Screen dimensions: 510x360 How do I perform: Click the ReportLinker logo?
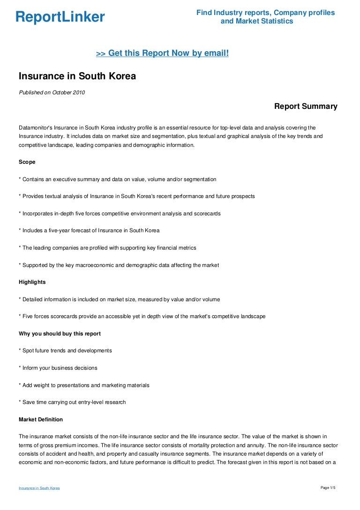pyautogui.click(x=60, y=17)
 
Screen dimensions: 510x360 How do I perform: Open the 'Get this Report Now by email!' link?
pyautogui.click(x=162, y=53)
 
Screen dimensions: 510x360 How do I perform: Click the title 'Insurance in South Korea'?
pyautogui.click(x=77, y=76)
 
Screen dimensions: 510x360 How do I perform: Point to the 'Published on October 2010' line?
pyautogui.click(x=52, y=92)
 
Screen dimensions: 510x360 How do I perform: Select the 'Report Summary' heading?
pyautogui.click(x=306, y=107)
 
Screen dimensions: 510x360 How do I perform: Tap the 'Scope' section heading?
pyautogui.click(x=27, y=162)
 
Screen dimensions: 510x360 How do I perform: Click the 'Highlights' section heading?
pyautogui.click(x=32, y=282)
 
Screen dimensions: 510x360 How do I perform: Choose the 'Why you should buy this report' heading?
pyautogui.click(x=60, y=334)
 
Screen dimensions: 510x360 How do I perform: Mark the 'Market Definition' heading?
pyautogui.click(x=41, y=419)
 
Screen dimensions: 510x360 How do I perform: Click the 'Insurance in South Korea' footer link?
pyautogui.click(x=39, y=488)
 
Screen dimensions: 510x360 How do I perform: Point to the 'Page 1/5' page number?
pyautogui.click(x=328, y=488)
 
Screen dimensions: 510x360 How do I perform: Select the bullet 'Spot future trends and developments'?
pyautogui.click(x=66, y=350)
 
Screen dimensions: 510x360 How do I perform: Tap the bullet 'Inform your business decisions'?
pyautogui.click(x=58, y=368)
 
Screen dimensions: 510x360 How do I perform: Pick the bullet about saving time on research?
pyautogui.click(x=72, y=402)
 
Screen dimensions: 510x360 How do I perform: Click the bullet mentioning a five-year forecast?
pyautogui.click(x=89, y=230)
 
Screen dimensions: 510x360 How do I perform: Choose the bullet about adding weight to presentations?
pyautogui.click(x=84, y=385)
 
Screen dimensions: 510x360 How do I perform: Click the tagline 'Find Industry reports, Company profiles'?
pyautogui.click(x=265, y=13)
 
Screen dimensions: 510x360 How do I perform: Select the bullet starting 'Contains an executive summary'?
pyautogui.click(x=118, y=179)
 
